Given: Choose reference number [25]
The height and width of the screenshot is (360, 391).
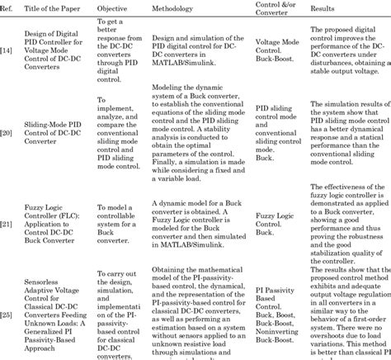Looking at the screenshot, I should (7, 313).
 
